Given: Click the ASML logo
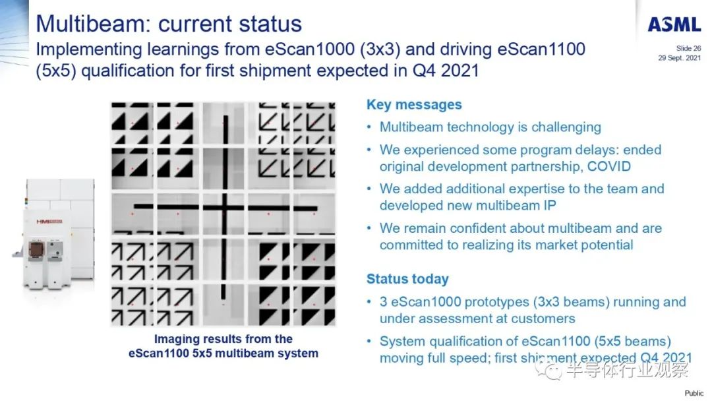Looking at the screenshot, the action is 674,24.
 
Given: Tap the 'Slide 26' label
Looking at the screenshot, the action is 688,48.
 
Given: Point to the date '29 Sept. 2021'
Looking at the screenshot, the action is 679,57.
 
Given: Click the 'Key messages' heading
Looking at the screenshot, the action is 414,105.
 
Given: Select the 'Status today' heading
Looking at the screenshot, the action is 407,279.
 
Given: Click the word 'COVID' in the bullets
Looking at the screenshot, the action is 609,166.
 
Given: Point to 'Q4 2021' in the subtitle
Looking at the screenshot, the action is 446,71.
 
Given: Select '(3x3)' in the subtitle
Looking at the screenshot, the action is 380,49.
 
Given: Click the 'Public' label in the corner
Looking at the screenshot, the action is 694,393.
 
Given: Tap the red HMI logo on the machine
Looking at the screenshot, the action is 49,222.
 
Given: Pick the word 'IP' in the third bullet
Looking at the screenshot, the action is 549,205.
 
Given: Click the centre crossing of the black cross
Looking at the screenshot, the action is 225,208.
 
